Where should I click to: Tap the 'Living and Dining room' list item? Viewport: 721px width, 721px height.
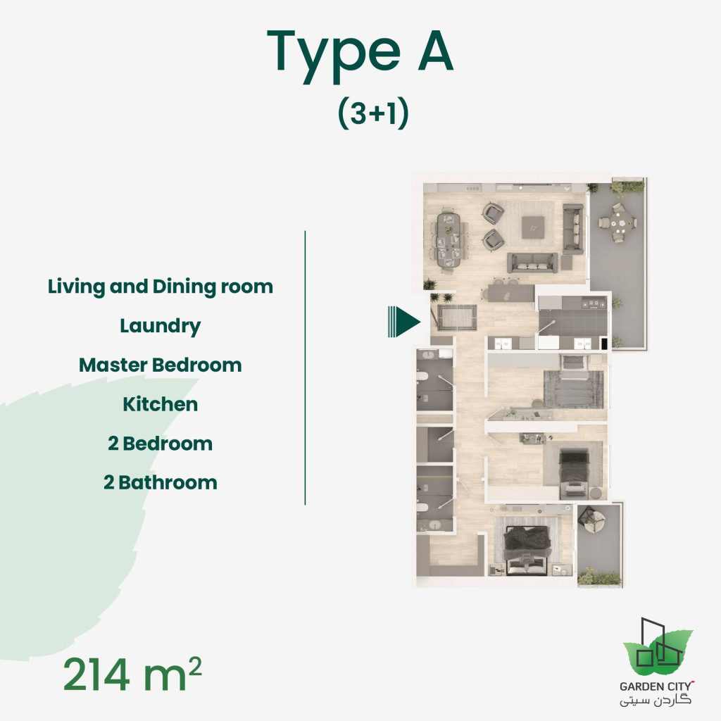(x=161, y=287)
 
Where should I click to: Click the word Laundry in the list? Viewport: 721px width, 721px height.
(x=161, y=326)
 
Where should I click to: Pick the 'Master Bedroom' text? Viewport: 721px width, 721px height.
(x=161, y=365)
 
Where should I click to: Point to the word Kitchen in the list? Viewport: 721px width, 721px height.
(x=161, y=405)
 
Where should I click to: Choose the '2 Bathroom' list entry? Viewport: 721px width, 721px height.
(x=161, y=483)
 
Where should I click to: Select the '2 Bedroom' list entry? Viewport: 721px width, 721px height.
(x=161, y=444)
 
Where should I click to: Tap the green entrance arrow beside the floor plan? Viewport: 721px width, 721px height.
(x=403, y=322)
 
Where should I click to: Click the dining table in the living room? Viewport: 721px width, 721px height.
(x=449, y=241)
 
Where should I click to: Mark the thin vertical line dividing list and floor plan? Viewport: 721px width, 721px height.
(x=305, y=367)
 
